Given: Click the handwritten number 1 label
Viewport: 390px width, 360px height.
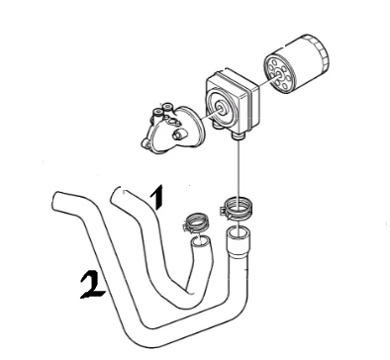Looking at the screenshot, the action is pyautogui.click(x=157, y=197).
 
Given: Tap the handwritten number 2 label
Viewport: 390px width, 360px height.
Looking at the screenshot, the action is pyautogui.click(x=92, y=284).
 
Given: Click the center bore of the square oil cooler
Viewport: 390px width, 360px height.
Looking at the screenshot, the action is pyautogui.click(x=220, y=107).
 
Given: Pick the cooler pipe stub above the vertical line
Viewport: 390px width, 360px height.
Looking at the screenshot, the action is pyautogui.click(x=239, y=135).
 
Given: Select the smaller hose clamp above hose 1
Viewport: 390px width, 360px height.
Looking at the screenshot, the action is pyautogui.click(x=195, y=224).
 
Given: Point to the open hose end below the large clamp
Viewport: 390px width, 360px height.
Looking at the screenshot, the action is pyautogui.click(x=239, y=232).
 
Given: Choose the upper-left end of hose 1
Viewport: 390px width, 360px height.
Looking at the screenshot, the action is pyautogui.click(x=117, y=195).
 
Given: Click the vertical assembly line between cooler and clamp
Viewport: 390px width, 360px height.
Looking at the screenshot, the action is pyautogui.click(x=239, y=169).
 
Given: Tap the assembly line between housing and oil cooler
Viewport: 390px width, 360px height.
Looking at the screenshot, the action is pyautogui.click(x=208, y=115).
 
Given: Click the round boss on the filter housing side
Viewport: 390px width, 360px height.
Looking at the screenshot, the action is pyautogui.click(x=178, y=135).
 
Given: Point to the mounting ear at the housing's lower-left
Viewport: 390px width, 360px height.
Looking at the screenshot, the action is pyautogui.click(x=146, y=142).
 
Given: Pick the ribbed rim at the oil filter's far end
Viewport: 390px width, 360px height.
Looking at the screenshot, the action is pyautogui.click(x=320, y=52).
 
